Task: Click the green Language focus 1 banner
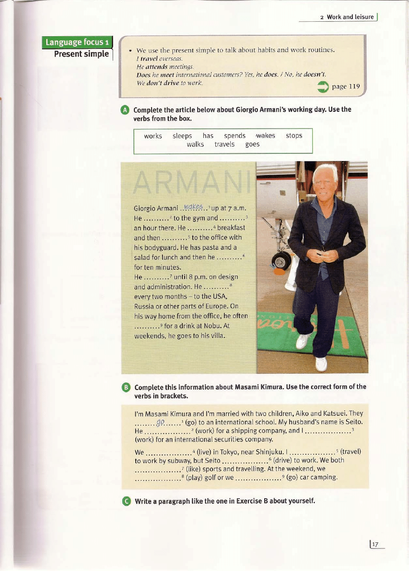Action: [x=77, y=43]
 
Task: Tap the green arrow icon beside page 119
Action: [x=323, y=87]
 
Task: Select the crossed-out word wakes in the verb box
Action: [x=265, y=136]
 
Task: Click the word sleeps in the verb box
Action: [x=182, y=136]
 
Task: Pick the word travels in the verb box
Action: [x=224, y=144]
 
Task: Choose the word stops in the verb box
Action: [x=294, y=136]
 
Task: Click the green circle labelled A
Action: [x=125, y=110]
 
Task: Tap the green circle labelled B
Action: [x=126, y=387]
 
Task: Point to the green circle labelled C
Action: [x=126, y=501]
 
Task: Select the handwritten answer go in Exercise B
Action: [x=160, y=423]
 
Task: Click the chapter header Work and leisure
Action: [x=350, y=17]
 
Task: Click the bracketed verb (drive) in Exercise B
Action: [x=283, y=460]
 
